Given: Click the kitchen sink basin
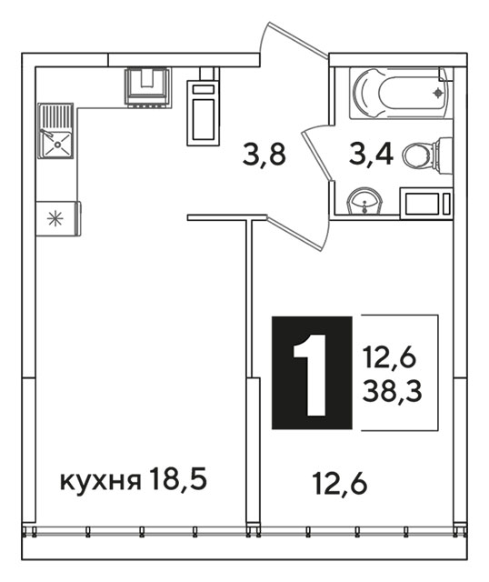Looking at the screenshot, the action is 57,145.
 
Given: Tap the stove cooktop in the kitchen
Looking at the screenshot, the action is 148,87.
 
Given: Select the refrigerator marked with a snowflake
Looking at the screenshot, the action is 58,218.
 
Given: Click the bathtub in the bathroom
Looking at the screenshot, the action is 401,93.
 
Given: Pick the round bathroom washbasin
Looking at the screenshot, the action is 364,201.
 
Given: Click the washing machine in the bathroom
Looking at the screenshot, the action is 426,203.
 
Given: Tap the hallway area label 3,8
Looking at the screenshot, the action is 264,156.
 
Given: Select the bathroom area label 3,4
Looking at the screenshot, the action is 371,156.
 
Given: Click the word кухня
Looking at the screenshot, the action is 101,481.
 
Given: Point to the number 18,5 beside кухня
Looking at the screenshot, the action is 178,479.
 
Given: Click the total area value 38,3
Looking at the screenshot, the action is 392,392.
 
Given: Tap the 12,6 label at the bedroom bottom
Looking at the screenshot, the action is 340,483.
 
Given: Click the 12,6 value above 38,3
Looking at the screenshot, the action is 390,357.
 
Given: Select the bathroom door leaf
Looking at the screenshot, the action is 316,153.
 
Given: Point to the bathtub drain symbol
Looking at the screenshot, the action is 438,93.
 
